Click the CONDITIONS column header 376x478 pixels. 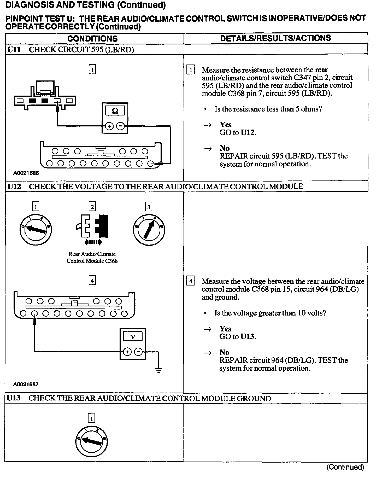point(92,39)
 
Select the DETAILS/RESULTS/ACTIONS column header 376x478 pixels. point(275,38)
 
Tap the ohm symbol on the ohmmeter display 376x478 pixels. point(115,111)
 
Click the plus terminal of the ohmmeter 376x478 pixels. point(109,126)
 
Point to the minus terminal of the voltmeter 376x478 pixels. point(138,352)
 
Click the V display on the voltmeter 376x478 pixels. point(133,336)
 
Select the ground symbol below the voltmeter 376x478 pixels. point(158,370)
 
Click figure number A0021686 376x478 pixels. point(26,173)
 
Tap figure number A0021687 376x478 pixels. point(26,384)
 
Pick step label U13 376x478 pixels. point(14,398)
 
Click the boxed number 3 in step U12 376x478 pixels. point(149,207)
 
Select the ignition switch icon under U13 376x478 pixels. point(92,441)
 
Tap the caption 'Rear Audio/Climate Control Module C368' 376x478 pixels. point(92,257)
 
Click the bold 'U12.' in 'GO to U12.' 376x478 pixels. point(248,132)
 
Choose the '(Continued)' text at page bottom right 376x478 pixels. point(345,467)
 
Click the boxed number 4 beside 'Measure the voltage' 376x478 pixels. point(190,281)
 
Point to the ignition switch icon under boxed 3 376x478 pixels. point(149,230)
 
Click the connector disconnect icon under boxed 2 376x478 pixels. point(93,226)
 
